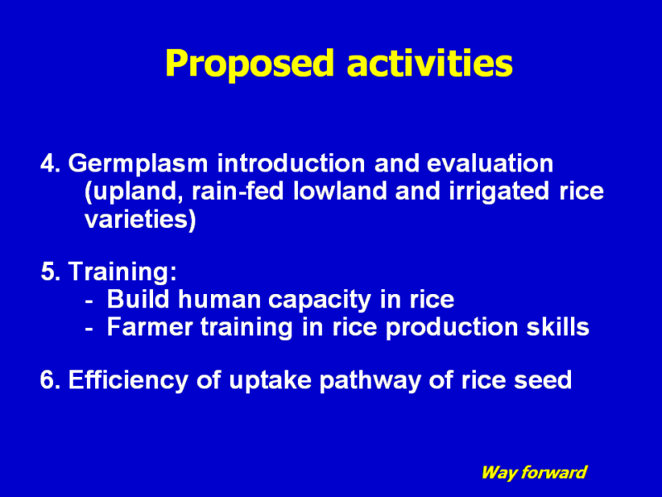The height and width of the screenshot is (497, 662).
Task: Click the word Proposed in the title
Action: tap(250, 64)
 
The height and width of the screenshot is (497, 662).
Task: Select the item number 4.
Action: tap(50, 163)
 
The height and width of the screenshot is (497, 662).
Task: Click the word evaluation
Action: tap(490, 163)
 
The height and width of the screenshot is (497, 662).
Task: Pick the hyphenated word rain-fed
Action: tap(237, 191)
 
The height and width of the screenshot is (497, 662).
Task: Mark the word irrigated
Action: tap(499, 192)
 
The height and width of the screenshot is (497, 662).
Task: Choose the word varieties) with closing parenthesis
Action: tap(140, 220)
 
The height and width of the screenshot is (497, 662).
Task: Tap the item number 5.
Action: tap(50, 272)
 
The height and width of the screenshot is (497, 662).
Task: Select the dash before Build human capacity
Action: tap(89, 302)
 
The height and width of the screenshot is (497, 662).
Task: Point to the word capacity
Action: tap(319, 301)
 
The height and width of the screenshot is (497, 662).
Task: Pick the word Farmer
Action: tap(150, 327)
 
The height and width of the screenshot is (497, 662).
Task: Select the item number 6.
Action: tap(50, 380)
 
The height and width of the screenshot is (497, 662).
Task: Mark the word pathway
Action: tap(370, 381)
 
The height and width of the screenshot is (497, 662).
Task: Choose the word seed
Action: tap(543, 380)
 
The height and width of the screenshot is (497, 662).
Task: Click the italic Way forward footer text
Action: tap(534, 472)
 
